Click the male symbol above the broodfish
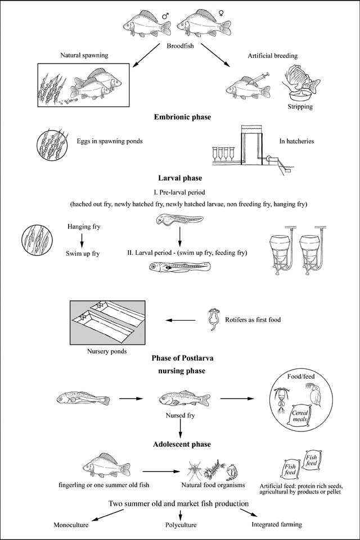tap(165, 16)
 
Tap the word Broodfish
tap(179, 47)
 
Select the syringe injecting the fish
tap(260, 76)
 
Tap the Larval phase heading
tap(179, 179)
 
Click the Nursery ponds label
tap(106, 352)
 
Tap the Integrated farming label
tap(276, 524)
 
